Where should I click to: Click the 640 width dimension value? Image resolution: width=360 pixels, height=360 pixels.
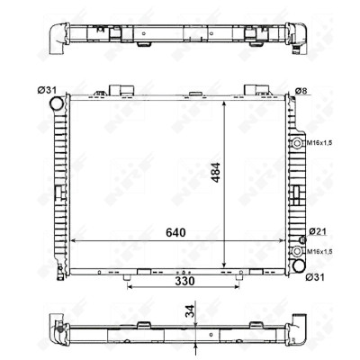pyautogui.click(x=175, y=232)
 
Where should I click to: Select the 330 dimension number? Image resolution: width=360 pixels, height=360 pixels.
pyautogui.click(x=184, y=282)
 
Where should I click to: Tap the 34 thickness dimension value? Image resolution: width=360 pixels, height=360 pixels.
pyautogui.click(x=190, y=311)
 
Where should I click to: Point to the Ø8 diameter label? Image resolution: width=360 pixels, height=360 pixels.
pyautogui.click(x=301, y=91)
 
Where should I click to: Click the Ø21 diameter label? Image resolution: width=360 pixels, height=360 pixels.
pyautogui.click(x=318, y=231)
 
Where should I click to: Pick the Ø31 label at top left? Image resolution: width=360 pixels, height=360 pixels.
pyautogui.click(x=47, y=90)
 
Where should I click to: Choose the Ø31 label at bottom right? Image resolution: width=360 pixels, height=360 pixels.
pyautogui.click(x=315, y=277)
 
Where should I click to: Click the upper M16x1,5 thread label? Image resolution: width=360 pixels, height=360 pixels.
pyautogui.click(x=319, y=143)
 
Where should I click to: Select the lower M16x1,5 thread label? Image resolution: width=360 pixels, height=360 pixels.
pyautogui.click(x=319, y=252)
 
